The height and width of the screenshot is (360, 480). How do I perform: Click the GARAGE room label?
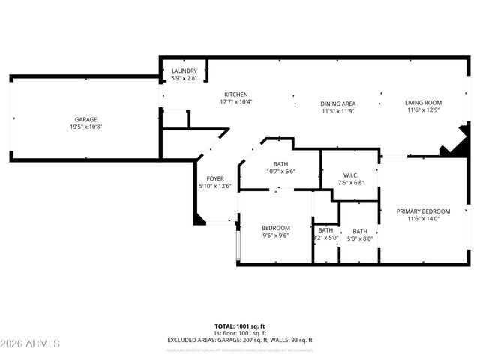pyautogui.click(x=85, y=120)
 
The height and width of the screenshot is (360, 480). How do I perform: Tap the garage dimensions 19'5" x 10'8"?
pyautogui.click(x=85, y=127)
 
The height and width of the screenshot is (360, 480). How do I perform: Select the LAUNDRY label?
pyautogui.click(x=184, y=70)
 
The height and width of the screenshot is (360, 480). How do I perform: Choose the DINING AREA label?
pyautogui.click(x=338, y=103)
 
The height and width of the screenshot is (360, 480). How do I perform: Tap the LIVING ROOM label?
pyautogui.click(x=424, y=103)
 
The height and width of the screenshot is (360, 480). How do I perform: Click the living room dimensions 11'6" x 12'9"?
pyautogui.click(x=424, y=110)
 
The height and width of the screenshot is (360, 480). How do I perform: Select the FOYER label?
pyautogui.click(x=215, y=178)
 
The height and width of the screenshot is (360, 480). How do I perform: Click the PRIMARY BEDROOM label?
pyautogui.click(x=423, y=211)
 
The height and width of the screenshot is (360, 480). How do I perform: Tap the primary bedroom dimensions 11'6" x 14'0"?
pyautogui.click(x=423, y=219)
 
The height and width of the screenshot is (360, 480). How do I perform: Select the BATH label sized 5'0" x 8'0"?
pyautogui.click(x=361, y=231)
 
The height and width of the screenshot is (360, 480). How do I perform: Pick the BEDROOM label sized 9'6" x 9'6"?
pyautogui.click(x=275, y=228)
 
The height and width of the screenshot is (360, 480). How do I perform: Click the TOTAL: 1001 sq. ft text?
pyautogui.click(x=239, y=326)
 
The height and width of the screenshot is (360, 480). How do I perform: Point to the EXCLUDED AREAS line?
pyautogui.click(x=239, y=340)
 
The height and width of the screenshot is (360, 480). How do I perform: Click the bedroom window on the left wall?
pyautogui.click(x=238, y=244)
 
